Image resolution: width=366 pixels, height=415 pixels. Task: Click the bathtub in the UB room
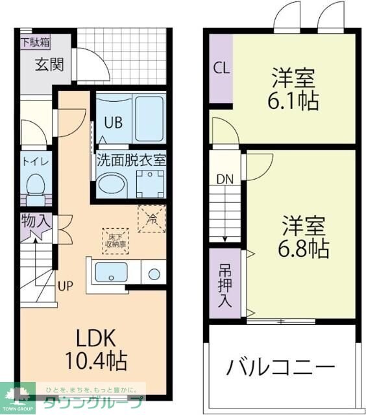pyautogui.click(x=149, y=118)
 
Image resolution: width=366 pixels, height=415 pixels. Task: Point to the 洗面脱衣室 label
pyautogui.click(x=131, y=159)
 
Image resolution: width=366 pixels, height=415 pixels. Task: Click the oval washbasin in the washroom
pyautogui.click(x=112, y=185)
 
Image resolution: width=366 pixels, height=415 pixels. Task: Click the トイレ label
pyautogui.click(x=34, y=160)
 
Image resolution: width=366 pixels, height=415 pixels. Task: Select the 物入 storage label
pyautogui.click(x=34, y=221)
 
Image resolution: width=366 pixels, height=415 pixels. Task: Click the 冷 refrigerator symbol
pyautogui.click(x=152, y=219)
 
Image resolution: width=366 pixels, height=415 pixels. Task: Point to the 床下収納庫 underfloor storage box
pyautogui.click(x=116, y=241)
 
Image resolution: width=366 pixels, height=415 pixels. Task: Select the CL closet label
pyautogui.click(x=221, y=69)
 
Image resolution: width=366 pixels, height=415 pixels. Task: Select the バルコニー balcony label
pyautogui.click(x=280, y=368)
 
